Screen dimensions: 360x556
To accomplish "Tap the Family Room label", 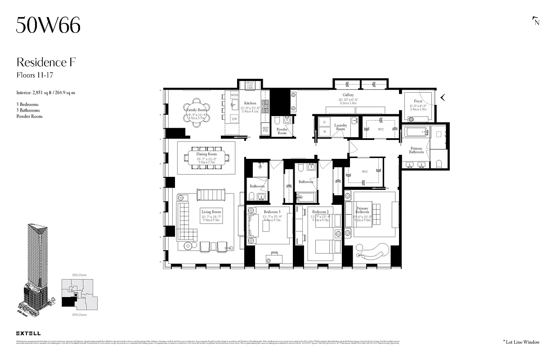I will coord(197,110).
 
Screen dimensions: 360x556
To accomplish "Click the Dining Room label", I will coord(206,154).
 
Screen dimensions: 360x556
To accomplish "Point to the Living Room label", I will coord(211,212).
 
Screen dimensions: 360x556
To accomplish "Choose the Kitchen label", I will coord(250,103).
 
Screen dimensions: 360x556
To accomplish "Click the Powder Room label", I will coord(282,131).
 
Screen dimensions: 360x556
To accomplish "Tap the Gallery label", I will coord(347,95).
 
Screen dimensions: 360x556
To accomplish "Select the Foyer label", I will coord(418,101).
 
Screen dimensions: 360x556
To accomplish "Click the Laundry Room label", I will coord(340,127).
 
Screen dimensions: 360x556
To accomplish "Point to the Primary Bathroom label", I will coord(416,150).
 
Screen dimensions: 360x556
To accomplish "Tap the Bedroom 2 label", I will coord(321,212).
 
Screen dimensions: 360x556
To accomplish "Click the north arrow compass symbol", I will coord(536,21).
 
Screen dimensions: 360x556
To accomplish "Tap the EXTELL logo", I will coord(28,333).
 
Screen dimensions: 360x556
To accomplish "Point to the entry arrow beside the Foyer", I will coord(443,97).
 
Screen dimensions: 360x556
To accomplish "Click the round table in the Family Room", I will coord(197,110).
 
